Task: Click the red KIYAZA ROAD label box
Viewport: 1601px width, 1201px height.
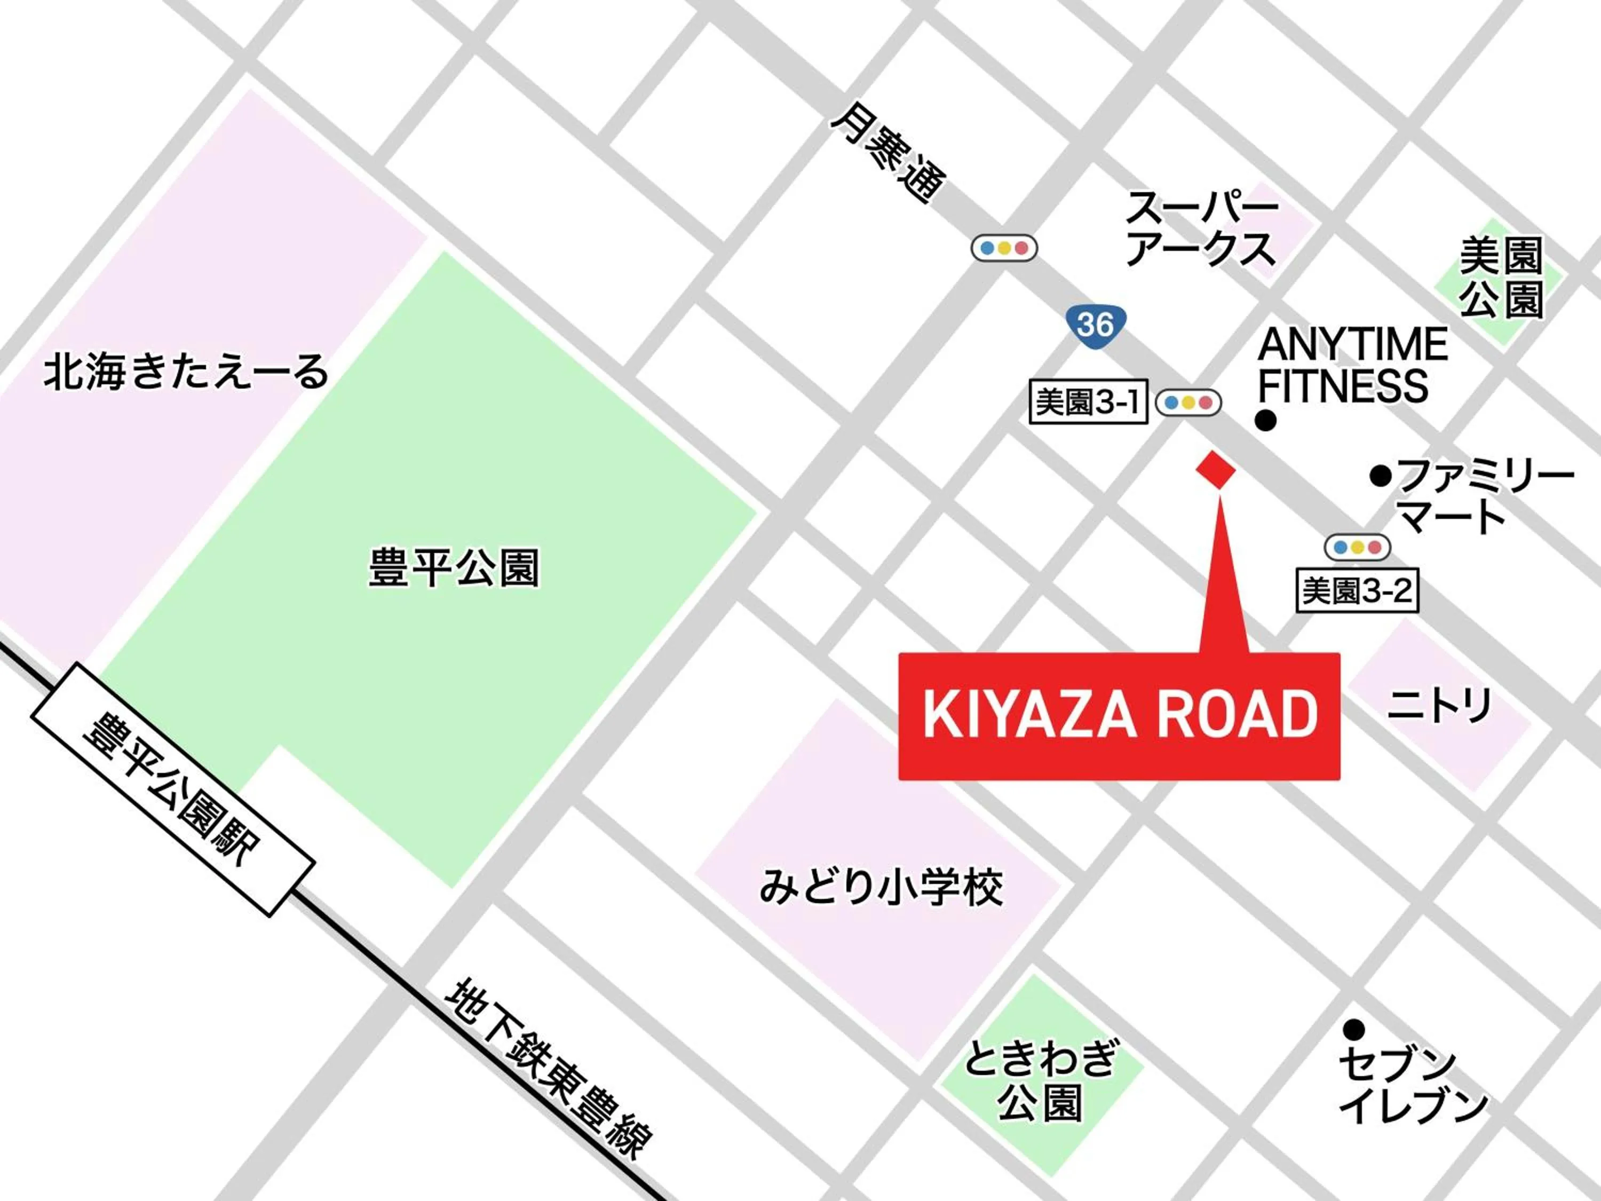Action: pos(1119,715)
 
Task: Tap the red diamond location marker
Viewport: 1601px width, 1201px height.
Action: pos(1216,470)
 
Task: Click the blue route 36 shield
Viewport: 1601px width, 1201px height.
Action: pos(1096,325)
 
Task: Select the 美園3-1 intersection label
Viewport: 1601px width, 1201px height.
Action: pos(1088,402)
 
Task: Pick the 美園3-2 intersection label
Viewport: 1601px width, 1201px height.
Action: pos(1357,591)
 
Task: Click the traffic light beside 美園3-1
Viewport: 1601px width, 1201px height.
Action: pos(1188,402)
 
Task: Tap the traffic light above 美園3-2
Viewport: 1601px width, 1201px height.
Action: pos(1357,547)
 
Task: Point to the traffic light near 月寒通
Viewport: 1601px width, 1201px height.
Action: pos(1004,248)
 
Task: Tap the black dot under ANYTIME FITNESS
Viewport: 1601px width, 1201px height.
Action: pos(1265,421)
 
